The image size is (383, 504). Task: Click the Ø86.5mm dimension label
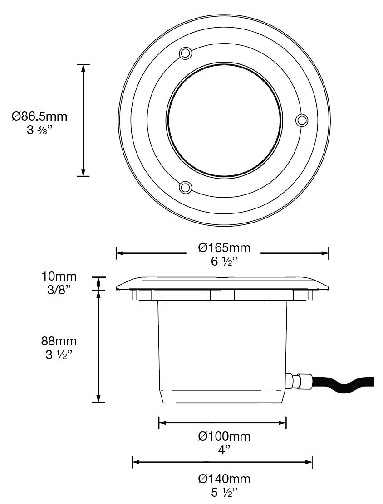point(39,116)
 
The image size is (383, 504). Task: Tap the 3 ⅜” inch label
point(39,130)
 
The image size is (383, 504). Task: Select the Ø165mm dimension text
point(224,247)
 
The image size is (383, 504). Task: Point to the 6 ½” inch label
point(224,262)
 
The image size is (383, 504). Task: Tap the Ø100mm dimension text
point(224,436)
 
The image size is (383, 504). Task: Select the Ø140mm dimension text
point(224,479)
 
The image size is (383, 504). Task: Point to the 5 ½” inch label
point(224,493)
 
